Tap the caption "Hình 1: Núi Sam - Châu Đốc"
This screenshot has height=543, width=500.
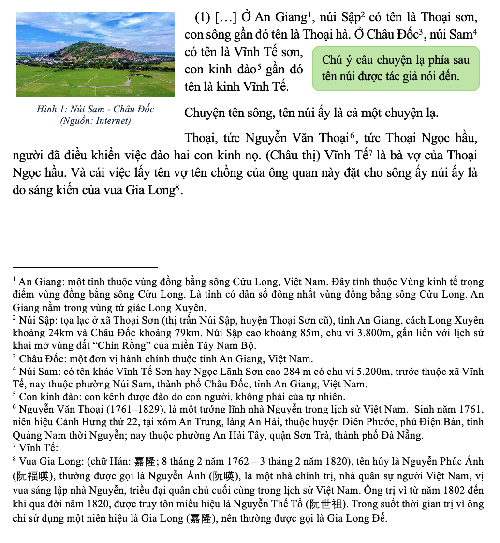coord(95,109)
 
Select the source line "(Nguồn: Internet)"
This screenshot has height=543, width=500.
coord(95,121)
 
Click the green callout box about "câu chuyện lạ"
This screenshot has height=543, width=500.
coord(396,68)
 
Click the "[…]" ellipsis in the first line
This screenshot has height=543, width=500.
coord(225,18)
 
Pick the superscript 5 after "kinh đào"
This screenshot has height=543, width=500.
coord(259,67)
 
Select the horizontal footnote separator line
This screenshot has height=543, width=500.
coord(85,266)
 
